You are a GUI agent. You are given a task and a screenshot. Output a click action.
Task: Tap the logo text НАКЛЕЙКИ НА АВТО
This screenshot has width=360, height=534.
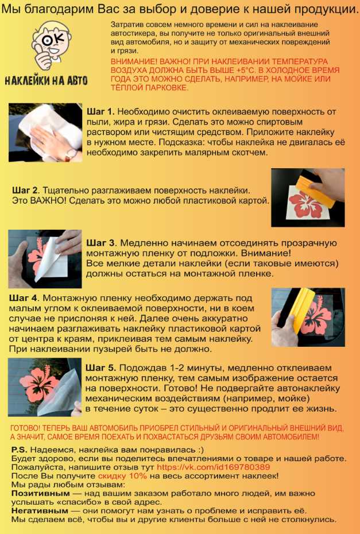(x=46, y=80)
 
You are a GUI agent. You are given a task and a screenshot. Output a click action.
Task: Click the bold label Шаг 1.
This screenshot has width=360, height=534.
(x=101, y=111)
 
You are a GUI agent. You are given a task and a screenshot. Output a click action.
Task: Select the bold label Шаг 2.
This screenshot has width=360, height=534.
(x=26, y=190)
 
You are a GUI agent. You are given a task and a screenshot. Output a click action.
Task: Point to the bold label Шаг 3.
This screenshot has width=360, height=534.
(x=101, y=242)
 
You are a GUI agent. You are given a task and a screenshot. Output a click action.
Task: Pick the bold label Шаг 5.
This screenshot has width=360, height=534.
(x=101, y=367)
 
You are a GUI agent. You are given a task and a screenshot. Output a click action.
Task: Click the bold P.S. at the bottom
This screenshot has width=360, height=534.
(x=20, y=450)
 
